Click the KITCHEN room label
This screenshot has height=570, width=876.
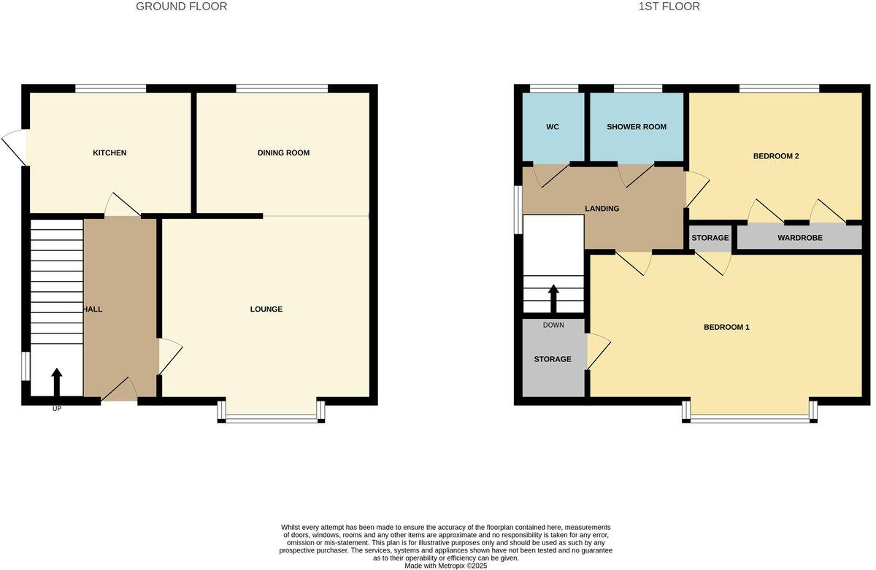tap(109, 153)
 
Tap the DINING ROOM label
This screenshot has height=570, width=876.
tap(283, 153)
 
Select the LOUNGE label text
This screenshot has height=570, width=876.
tap(266, 309)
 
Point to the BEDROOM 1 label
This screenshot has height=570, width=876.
tap(726, 327)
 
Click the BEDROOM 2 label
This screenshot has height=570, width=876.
tap(776, 155)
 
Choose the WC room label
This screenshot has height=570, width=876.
tap(553, 127)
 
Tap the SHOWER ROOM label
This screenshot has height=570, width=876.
tap(637, 127)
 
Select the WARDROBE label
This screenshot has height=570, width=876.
tap(799, 238)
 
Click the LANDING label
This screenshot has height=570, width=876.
tap(602, 209)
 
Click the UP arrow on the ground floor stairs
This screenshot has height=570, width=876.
tap(57, 382)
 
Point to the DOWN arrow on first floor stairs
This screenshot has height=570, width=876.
tap(553, 297)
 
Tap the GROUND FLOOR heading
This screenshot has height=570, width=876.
tap(182, 7)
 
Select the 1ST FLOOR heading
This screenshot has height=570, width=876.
tap(669, 7)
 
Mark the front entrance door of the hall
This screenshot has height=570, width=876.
tap(119, 391)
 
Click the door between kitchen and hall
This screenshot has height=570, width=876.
tap(123, 206)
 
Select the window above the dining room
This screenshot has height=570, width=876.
tap(282, 88)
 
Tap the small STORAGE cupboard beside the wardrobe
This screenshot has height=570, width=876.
tap(710, 238)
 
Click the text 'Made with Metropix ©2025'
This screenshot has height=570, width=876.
tap(446, 565)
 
